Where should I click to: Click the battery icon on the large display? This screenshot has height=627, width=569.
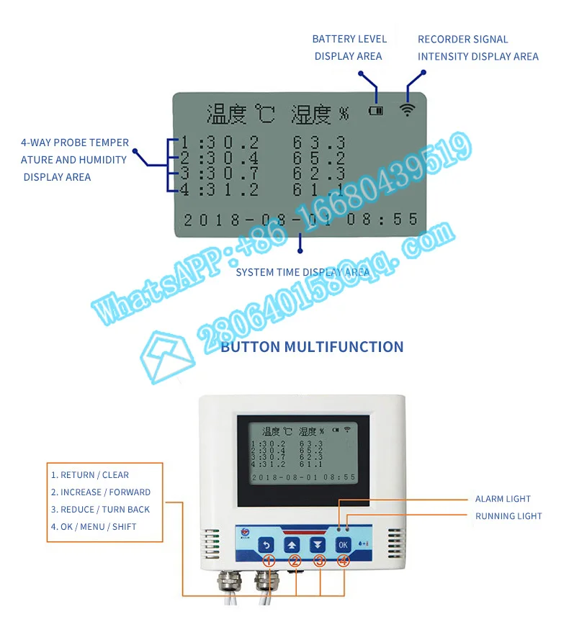pyautogui.click(x=376, y=111)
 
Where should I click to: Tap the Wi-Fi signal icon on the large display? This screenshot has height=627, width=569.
pyautogui.click(x=408, y=109)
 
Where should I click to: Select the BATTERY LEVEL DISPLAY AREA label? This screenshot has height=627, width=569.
pyautogui.click(x=349, y=48)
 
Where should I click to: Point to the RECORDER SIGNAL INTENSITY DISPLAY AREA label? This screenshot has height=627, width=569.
pyautogui.click(x=478, y=48)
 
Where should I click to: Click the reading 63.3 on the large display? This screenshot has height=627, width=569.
pyautogui.click(x=319, y=143)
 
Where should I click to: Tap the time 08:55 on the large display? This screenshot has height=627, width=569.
pyautogui.click(x=383, y=220)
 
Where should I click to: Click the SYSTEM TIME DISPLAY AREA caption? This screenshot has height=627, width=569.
pyautogui.click(x=303, y=272)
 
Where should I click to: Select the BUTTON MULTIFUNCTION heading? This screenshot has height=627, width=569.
pyautogui.click(x=312, y=347)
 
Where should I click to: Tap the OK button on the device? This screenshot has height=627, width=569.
pyautogui.click(x=344, y=545)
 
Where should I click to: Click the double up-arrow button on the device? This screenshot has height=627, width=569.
pyautogui.click(x=292, y=545)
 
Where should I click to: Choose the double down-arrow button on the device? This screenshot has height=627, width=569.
pyautogui.click(x=318, y=545)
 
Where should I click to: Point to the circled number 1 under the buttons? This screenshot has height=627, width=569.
pyautogui.click(x=268, y=561)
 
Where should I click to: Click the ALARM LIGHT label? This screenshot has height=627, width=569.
pyautogui.click(x=503, y=499)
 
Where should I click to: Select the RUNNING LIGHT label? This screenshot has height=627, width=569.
pyautogui.click(x=508, y=516)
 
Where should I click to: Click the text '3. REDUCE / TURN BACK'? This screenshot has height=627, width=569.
pyautogui.click(x=100, y=510)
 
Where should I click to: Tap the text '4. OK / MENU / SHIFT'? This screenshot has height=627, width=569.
pyautogui.click(x=94, y=527)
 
